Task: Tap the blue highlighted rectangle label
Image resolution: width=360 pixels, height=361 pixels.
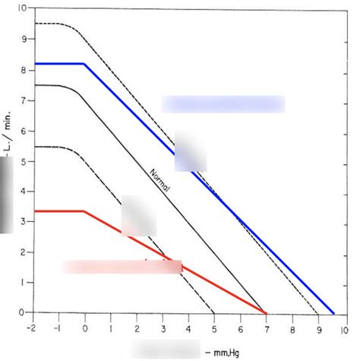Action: (223, 104)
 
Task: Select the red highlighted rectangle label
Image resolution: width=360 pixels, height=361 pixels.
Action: (122, 267)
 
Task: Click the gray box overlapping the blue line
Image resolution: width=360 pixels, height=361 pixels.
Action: (190, 151)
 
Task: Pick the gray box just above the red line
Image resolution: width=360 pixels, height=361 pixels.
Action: (138, 216)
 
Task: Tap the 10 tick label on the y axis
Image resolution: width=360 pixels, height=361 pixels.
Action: (21, 8)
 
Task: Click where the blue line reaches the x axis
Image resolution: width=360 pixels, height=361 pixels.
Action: (333, 312)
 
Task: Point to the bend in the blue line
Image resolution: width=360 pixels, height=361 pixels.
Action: (84, 64)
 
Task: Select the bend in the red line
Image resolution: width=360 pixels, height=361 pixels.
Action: (84, 211)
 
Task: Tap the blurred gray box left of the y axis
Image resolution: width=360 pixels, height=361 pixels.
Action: (6, 195)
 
